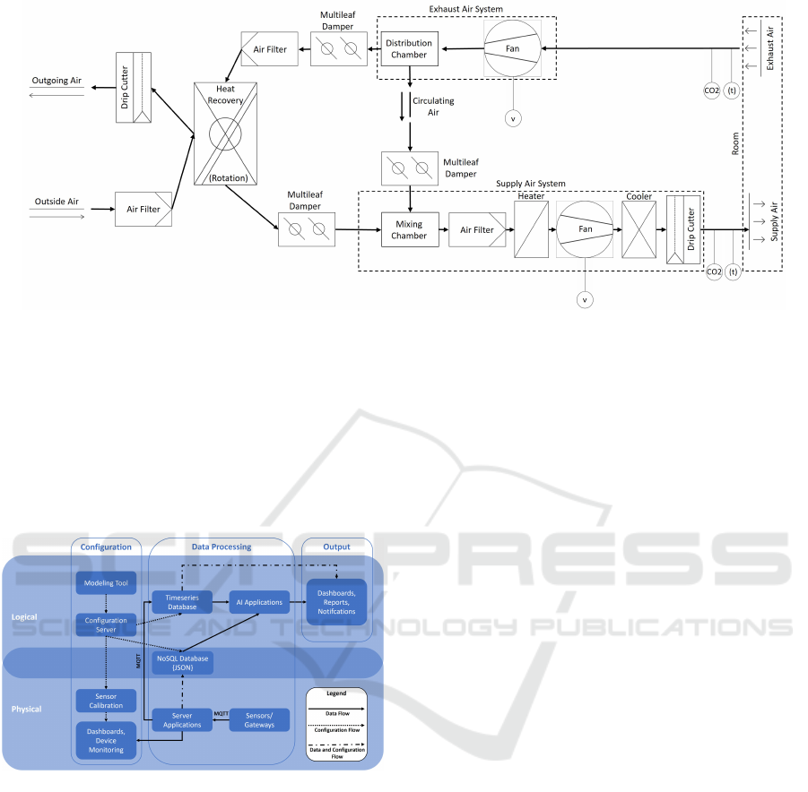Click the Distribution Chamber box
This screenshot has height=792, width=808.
408,49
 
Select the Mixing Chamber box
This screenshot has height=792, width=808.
409,230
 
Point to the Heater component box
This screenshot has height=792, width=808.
531,230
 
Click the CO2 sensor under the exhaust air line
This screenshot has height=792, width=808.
711,89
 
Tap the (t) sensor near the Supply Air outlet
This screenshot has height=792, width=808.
734,271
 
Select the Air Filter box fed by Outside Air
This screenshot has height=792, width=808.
143,209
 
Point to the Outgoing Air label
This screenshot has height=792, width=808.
56,81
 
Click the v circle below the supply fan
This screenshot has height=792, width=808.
585,299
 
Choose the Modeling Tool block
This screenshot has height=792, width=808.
107,583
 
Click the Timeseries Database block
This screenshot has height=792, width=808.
181,601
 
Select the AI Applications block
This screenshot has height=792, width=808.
258,602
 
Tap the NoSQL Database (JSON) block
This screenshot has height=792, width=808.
182,662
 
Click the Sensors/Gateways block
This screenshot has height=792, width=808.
260,719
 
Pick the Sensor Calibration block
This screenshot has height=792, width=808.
107,701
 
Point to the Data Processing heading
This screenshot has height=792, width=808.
222,547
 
